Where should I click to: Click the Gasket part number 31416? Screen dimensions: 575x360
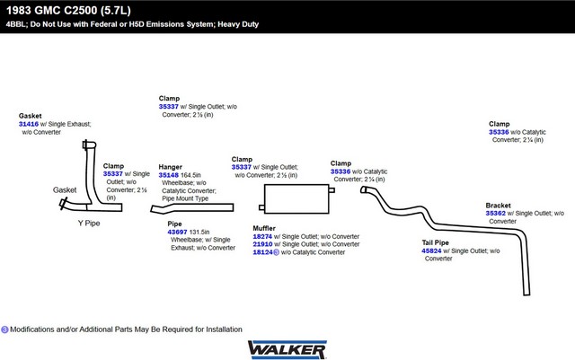coord(29,124)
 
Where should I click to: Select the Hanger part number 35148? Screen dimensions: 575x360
coord(168,175)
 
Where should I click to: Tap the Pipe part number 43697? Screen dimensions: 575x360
coord(177,232)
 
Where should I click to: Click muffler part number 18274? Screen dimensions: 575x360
coord(262,236)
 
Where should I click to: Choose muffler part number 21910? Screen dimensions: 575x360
coord(262,244)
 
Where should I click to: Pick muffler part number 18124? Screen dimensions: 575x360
coord(262,252)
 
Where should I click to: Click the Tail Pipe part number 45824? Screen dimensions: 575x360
coord(431,250)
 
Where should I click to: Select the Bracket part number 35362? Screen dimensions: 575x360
coord(495,213)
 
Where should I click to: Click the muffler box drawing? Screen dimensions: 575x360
coord(296,198)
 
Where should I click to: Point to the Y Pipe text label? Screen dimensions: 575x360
coord(89,223)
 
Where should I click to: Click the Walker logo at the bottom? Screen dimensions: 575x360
coord(287,349)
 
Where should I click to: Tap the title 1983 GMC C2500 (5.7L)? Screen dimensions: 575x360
coord(68,10)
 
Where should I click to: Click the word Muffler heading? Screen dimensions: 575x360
coord(264,228)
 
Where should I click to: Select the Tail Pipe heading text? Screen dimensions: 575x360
coord(435,242)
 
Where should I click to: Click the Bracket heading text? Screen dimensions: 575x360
coord(498,206)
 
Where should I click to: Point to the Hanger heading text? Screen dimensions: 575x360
coord(170,167)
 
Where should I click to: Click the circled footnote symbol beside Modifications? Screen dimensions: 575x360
coord(4,329)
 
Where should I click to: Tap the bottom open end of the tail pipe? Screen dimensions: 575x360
coord(526,294)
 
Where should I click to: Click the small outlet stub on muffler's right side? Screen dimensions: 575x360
coord(332,190)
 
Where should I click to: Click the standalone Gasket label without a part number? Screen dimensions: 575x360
coord(65,190)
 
